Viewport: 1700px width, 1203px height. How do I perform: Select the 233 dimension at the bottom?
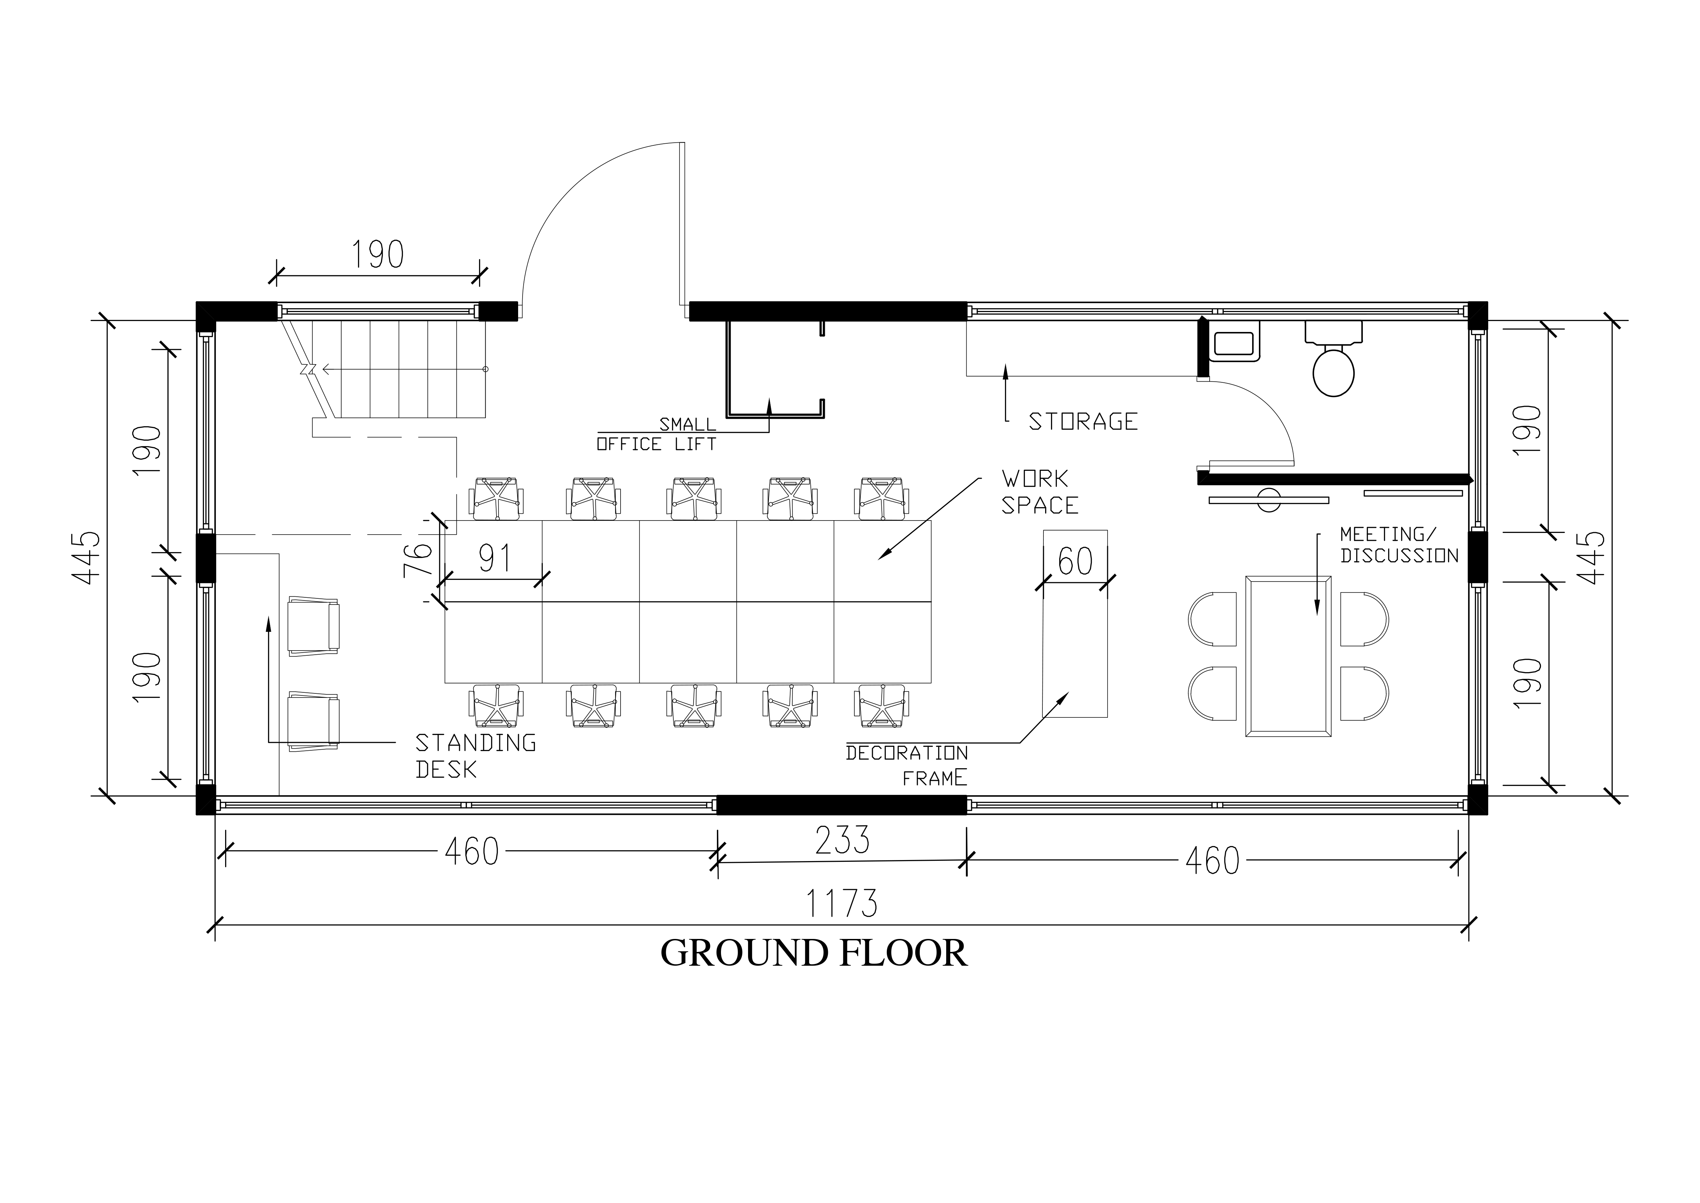(842, 840)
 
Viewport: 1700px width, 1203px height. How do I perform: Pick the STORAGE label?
(1083, 421)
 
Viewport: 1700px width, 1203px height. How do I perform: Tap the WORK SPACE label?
(1039, 492)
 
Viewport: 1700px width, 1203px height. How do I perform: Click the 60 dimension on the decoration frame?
(1075, 561)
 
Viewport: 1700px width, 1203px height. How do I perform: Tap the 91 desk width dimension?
(494, 559)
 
